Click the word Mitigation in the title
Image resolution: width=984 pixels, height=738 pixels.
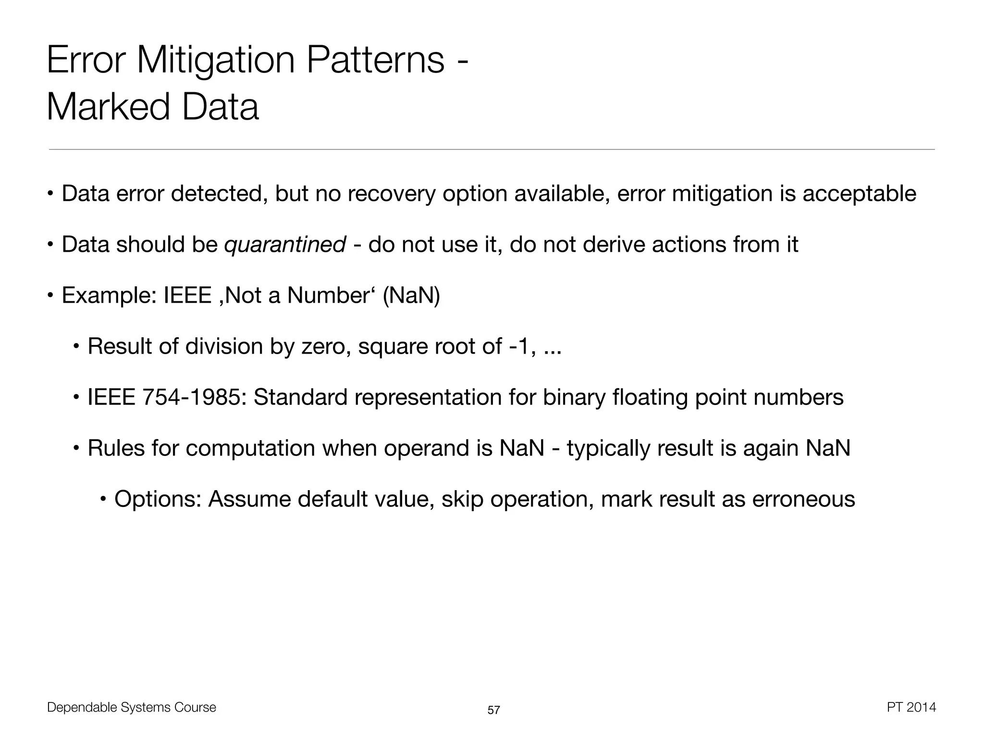pos(215,61)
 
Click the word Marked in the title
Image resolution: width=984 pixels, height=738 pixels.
pos(108,107)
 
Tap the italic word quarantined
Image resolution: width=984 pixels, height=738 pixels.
pos(285,245)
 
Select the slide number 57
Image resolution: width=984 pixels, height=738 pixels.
pos(493,710)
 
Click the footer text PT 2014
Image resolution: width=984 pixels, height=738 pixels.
pos(911,707)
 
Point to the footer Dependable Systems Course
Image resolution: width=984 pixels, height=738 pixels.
pos(132,707)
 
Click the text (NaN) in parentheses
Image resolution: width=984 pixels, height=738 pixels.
pos(411,295)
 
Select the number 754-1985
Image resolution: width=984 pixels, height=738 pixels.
pos(195,397)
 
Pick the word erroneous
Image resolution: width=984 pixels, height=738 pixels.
pos(803,499)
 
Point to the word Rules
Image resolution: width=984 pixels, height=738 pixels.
pos(116,448)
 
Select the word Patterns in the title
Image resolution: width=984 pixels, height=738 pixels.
pos(375,61)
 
